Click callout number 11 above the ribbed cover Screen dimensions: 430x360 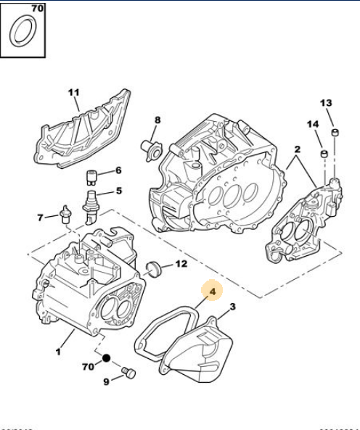[x=73, y=92]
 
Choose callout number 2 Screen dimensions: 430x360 [x=296, y=149]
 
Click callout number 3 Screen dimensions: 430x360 [x=232, y=307]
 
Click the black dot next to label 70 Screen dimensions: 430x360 [x=106, y=358]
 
